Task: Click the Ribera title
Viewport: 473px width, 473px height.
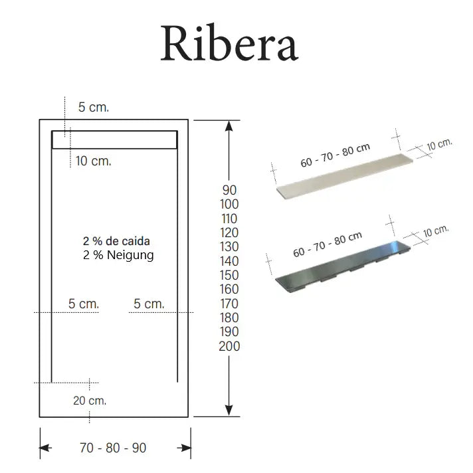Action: pyautogui.click(x=229, y=44)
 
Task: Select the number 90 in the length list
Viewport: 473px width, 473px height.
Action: pyautogui.click(x=229, y=190)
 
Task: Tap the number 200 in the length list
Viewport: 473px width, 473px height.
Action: pyautogui.click(x=229, y=346)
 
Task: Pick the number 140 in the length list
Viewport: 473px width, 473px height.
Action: pyautogui.click(x=229, y=261)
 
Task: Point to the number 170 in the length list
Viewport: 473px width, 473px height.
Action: pyautogui.click(x=229, y=304)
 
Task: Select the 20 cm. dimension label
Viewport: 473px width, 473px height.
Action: pyautogui.click(x=90, y=401)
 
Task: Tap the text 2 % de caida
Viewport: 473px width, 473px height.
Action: pyautogui.click(x=116, y=241)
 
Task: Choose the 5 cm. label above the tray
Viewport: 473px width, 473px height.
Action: pyautogui.click(x=93, y=107)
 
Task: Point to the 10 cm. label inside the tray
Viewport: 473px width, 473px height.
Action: pyautogui.click(x=93, y=161)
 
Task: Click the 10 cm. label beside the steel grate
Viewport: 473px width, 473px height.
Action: pyautogui.click(x=436, y=232)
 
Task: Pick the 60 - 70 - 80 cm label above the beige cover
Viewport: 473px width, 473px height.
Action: pyautogui.click(x=335, y=156)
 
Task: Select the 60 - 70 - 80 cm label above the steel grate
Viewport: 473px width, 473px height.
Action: pyautogui.click(x=328, y=244)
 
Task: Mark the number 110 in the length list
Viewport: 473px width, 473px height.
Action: pyautogui.click(x=229, y=219)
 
